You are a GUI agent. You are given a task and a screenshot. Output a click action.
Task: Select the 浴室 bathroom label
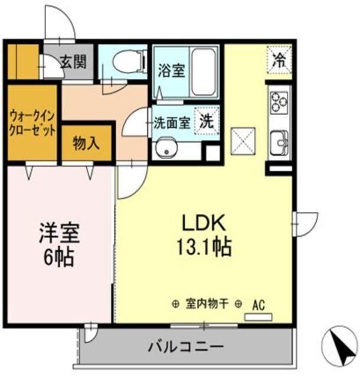(x=171, y=70)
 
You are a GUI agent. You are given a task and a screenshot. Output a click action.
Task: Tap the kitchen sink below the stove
(x=279, y=141)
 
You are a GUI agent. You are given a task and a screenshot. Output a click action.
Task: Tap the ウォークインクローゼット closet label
(x=32, y=122)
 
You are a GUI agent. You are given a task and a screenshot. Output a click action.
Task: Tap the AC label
(x=258, y=305)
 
